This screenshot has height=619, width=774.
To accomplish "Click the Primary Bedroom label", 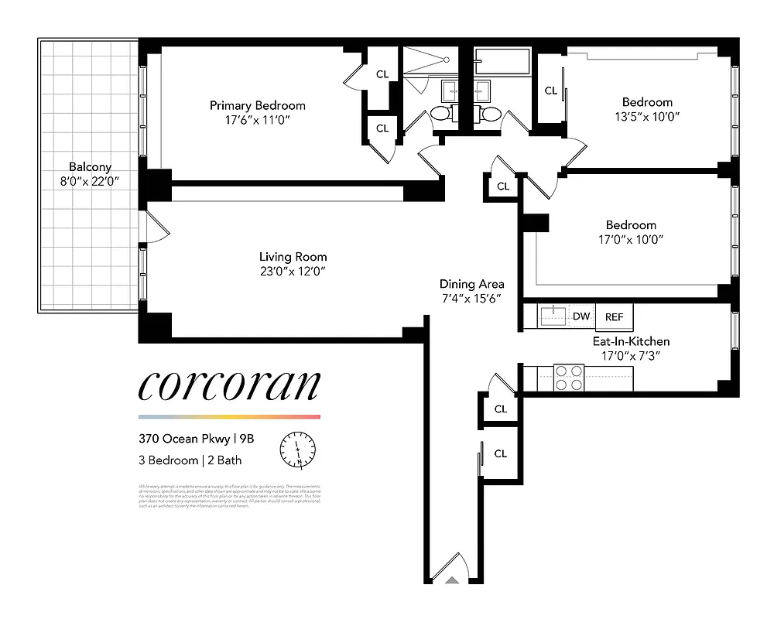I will (x=258, y=105).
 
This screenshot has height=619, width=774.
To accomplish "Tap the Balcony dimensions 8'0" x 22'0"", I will (x=90, y=181).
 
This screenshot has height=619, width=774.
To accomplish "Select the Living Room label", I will (x=293, y=257).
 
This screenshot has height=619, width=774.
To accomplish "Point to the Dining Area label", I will (x=471, y=284).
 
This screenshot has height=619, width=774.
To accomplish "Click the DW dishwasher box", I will (x=581, y=316).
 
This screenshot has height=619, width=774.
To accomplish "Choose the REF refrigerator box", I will (x=614, y=316).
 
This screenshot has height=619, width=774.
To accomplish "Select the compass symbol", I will (x=298, y=448).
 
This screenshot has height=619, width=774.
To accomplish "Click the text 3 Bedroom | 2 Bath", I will (x=190, y=460).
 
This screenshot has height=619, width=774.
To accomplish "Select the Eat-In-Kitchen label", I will (x=631, y=341).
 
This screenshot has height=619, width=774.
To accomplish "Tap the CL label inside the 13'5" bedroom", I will (x=551, y=91).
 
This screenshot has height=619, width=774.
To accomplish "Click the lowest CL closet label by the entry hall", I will (x=500, y=453).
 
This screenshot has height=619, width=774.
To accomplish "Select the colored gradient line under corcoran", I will (x=228, y=416).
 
